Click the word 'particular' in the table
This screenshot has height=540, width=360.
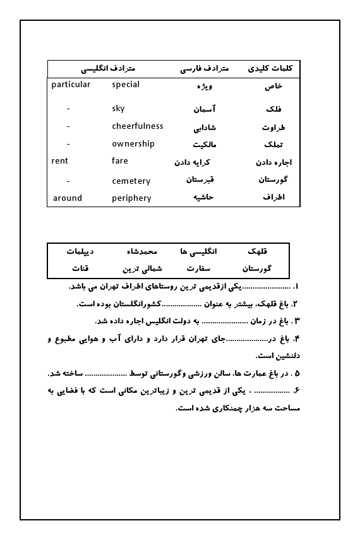(x=71, y=85)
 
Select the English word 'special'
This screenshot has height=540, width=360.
(x=126, y=85)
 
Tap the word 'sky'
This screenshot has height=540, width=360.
(x=118, y=109)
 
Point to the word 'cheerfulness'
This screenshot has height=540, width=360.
(x=138, y=126)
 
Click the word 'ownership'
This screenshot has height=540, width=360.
(x=133, y=144)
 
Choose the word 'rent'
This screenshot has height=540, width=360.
(x=59, y=161)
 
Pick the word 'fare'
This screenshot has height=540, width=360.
(x=120, y=161)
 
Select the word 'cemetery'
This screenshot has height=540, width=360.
(x=131, y=181)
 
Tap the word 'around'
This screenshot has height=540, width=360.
(x=68, y=198)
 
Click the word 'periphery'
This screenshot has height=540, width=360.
(x=131, y=198)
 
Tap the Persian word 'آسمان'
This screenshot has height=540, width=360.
(x=205, y=109)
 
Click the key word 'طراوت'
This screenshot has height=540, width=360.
(x=273, y=127)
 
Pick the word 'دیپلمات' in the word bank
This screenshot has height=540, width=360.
(x=80, y=251)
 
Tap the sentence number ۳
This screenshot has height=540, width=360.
(x=296, y=321)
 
